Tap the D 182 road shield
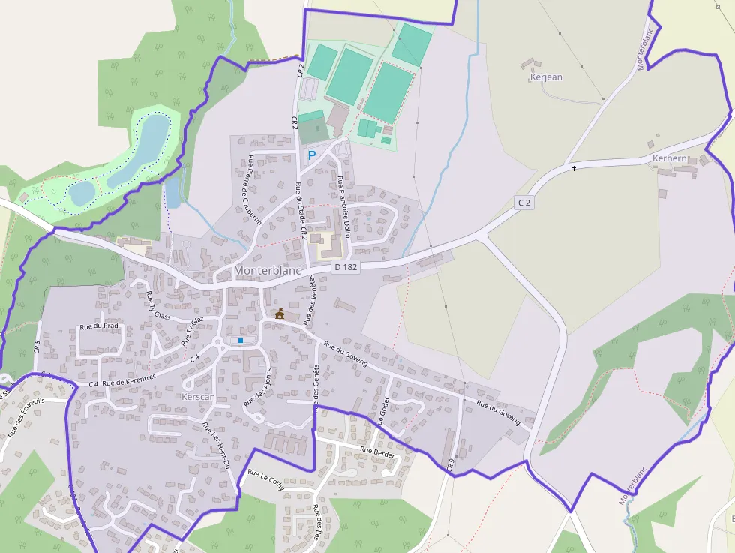tap(346, 266)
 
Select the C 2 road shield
tap(523, 203)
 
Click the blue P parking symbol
tap(312, 155)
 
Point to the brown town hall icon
tap(280, 314)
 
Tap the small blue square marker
tap(240, 341)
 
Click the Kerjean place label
tap(545, 77)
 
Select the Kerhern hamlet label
tap(669, 158)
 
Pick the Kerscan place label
tap(198, 395)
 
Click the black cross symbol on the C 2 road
tap(574, 168)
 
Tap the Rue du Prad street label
tap(99, 326)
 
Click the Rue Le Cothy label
tap(266, 480)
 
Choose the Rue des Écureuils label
tap(26, 417)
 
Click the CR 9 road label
tap(451, 464)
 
